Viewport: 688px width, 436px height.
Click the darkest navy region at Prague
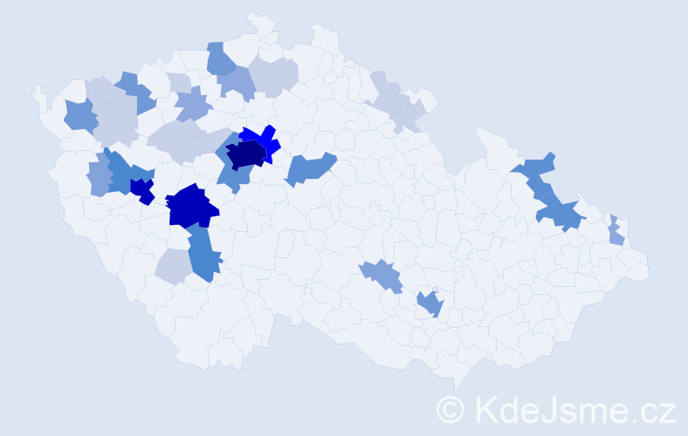point(246,155)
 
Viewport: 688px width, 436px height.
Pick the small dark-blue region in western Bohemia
point(141,189)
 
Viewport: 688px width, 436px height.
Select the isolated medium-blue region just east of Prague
point(309,167)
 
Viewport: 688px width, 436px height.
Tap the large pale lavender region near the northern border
point(273,75)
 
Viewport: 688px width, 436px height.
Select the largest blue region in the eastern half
point(550,196)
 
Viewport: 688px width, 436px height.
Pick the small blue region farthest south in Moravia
point(430,303)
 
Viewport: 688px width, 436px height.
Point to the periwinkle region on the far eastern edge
point(616,231)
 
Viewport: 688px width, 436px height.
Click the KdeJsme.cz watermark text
point(571,409)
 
